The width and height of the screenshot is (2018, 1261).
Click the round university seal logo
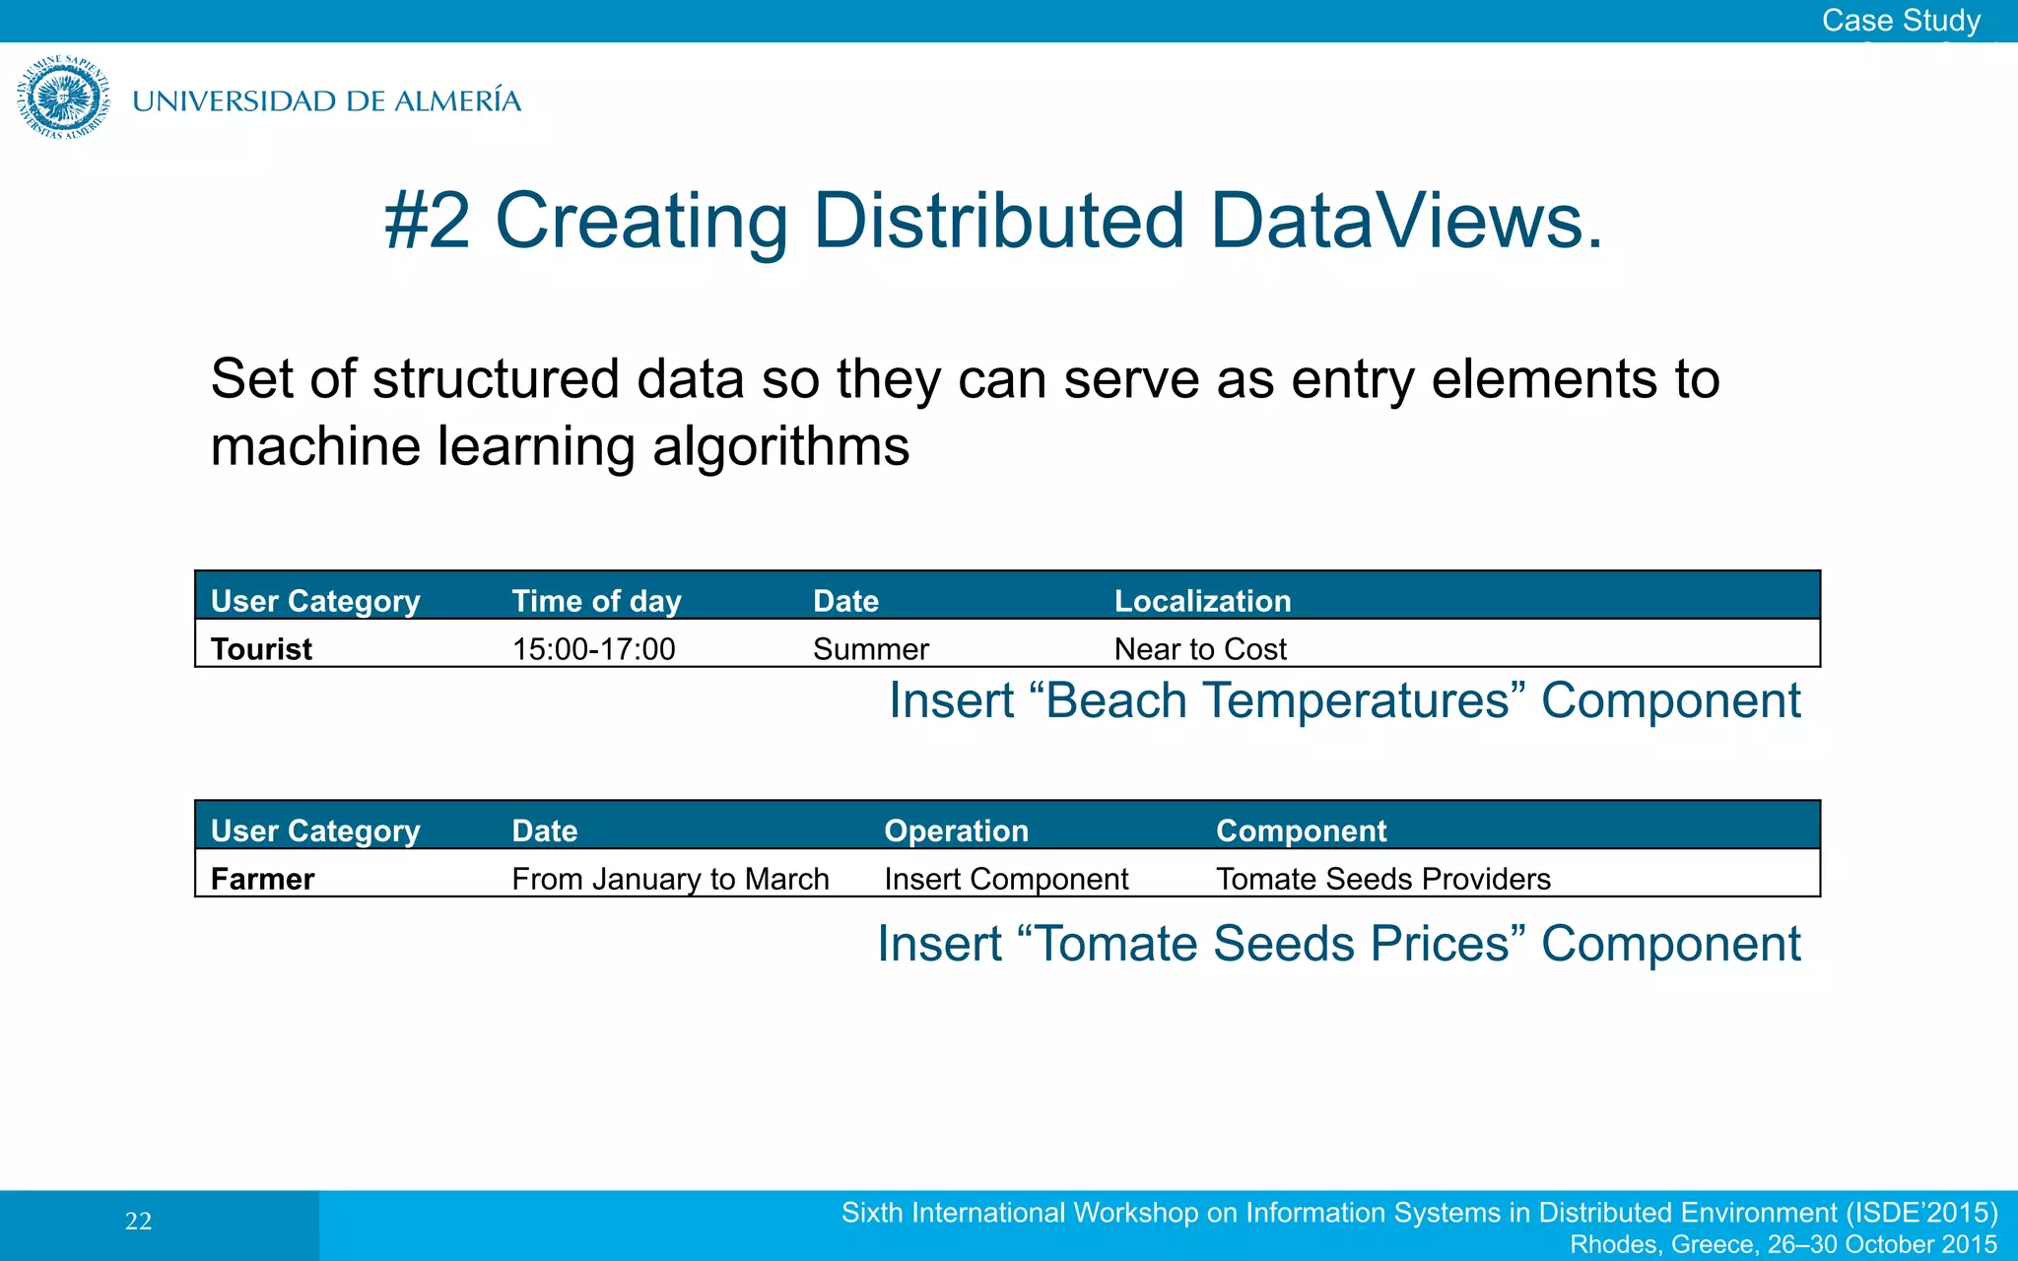tap(63, 98)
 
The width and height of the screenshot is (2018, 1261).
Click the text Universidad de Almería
tap(326, 101)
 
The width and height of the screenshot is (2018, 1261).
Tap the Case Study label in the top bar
tap(1900, 21)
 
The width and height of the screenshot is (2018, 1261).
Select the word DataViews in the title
tap(1405, 221)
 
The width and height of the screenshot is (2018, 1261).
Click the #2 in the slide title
tap(427, 221)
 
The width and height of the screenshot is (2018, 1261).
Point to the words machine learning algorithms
tap(560, 446)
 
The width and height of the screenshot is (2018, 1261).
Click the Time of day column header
tap(596, 601)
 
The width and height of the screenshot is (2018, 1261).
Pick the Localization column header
tap(1202, 601)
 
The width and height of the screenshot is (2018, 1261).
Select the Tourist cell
tap(261, 649)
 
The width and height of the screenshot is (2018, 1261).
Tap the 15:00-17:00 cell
tap(593, 649)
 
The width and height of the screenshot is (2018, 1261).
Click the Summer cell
tap(870, 649)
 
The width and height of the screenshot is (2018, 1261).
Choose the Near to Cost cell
tap(1200, 649)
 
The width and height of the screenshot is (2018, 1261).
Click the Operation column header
tap(956, 830)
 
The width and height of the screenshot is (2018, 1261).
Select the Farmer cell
tap(262, 879)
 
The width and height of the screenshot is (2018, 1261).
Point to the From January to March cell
tap(670, 879)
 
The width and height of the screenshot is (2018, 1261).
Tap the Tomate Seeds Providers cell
tap(1383, 879)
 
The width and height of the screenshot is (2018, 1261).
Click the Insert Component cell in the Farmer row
tap(1006, 879)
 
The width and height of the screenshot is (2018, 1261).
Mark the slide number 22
tap(138, 1222)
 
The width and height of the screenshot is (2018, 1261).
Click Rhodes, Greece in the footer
tap(1663, 1244)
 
